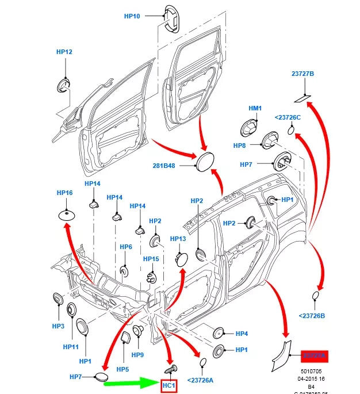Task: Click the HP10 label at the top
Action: (x=132, y=16)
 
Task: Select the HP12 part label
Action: (x=64, y=52)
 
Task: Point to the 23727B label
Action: (x=302, y=74)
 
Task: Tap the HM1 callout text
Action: (x=255, y=108)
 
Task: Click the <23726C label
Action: (x=288, y=117)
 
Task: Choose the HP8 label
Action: (x=239, y=146)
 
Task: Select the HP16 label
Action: (x=64, y=193)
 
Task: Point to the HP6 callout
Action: (x=126, y=247)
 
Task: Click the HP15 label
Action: (x=151, y=259)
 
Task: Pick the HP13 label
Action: (x=178, y=238)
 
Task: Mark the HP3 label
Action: (x=58, y=326)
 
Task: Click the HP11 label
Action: (x=71, y=347)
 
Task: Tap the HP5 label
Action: (x=123, y=369)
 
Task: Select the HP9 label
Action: (x=137, y=355)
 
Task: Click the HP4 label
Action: (x=242, y=333)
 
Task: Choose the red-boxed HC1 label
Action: (x=168, y=385)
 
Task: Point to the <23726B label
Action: (x=312, y=315)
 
